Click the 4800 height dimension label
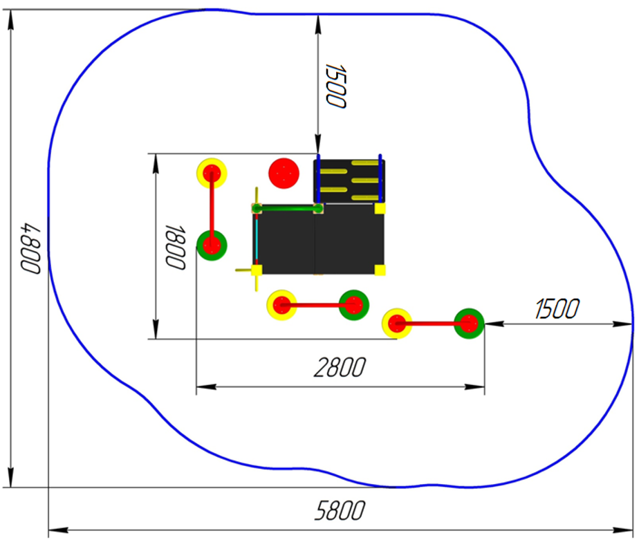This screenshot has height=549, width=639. click(30, 248)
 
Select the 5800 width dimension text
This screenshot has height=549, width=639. click(340, 511)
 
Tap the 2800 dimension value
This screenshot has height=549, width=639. click(340, 368)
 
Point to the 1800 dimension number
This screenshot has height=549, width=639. click(176, 247)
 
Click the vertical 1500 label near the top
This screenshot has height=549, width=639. click(336, 86)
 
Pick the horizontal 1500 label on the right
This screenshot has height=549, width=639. click(557, 308)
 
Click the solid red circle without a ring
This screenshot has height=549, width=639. click(284, 174)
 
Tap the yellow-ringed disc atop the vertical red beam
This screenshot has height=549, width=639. click(212, 174)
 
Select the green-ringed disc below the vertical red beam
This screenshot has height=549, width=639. click(212, 245)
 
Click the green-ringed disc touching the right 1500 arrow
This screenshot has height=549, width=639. click(469, 324)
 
